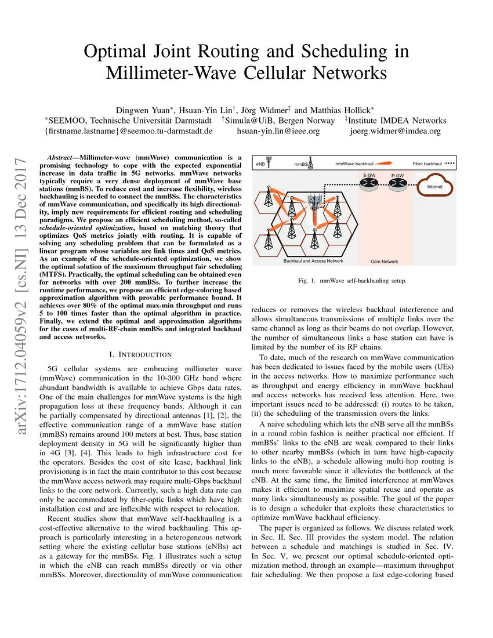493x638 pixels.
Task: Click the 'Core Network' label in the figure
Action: pyautogui.click(x=383, y=262)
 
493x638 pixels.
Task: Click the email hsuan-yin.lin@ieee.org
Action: pyautogui.click(x=278, y=131)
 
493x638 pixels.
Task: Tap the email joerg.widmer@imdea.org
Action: pyautogui.click(x=395, y=131)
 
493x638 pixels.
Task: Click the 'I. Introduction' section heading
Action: pyautogui.click(x=140, y=354)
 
